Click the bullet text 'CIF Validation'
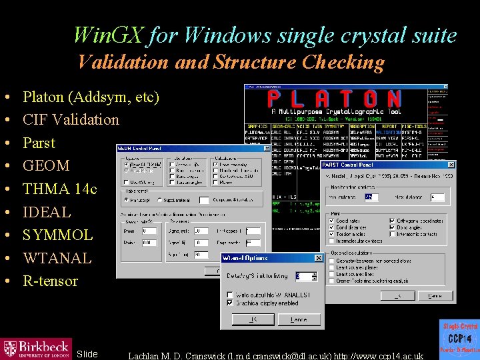click(x=71, y=120)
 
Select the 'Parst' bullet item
click(x=39, y=143)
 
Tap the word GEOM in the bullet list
click(x=46, y=166)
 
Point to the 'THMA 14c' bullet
click(x=59, y=189)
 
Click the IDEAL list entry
click(x=46, y=212)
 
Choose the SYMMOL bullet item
click(x=57, y=235)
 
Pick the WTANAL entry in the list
click(x=57, y=258)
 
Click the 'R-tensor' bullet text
click(x=50, y=281)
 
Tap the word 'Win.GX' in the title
click(x=109, y=35)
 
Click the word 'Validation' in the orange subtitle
click(x=123, y=63)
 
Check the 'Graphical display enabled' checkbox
click(x=231, y=303)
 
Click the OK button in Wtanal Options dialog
click(x=254, y=319)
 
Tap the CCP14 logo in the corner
click(x=459, y=340)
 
